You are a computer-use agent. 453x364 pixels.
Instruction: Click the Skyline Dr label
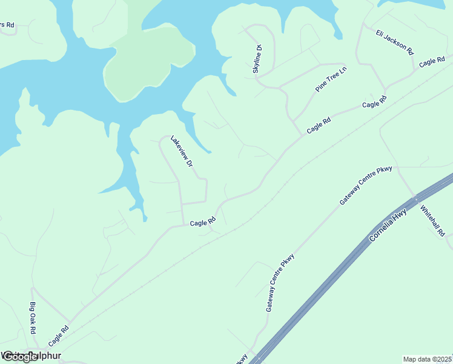(257, 59)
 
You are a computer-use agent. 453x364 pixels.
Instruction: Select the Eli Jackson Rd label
(394, 42)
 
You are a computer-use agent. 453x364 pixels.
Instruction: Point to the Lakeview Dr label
(182, 151)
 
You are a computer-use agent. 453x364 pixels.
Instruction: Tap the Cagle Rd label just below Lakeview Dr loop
(203, 223)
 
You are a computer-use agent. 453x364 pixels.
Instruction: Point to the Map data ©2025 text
(428, 359)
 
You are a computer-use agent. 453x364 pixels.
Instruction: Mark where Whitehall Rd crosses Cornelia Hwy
(415, 198)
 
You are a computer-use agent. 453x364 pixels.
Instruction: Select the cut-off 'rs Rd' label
(7, 25)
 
